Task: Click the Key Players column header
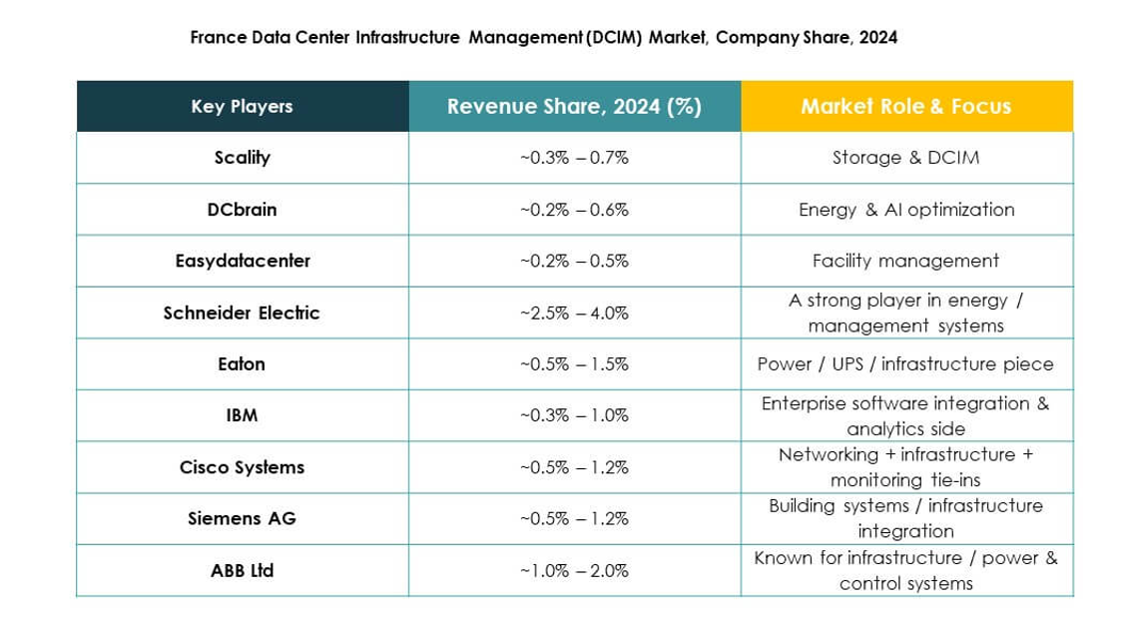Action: click(242, 107)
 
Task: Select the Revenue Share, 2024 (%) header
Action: click(574, 107)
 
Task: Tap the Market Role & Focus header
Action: click(905, 107)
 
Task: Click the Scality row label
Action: click(242, 158)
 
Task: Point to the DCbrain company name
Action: click(242, 210)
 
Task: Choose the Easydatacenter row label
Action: click(242, 261)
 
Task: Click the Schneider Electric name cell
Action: click(242, 313)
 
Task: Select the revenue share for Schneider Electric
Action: click(574, 313)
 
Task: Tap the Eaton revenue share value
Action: click(574, 364)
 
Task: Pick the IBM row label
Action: click(242, 415)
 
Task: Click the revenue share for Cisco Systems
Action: click(574, 467)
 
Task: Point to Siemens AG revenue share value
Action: click(574, 518)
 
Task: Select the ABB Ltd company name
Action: click(242, 571)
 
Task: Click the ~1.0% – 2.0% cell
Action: click(574, 571)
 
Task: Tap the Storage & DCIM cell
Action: click(905, 158)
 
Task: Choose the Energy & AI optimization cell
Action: click(905, 210)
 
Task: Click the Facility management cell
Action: click(905, 261)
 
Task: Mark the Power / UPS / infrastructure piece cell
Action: click(905, 364)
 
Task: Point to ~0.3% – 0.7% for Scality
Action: click(574, 158)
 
